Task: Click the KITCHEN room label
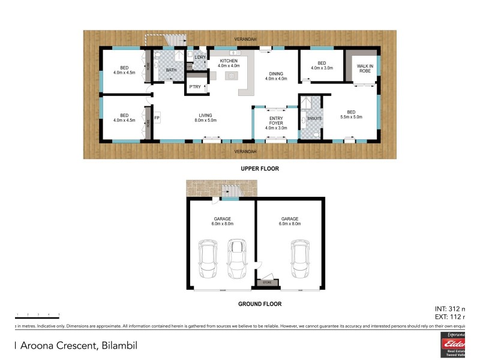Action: coord(229,61)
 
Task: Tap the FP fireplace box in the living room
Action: coord(157,118)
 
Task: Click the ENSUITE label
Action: coord(314,118)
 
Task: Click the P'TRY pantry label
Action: coord(194,87)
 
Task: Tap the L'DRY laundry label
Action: coord(200,58)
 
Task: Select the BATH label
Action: coord(171,70)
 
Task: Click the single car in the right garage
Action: coord(300,259)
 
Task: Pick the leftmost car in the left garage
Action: coord(209,259)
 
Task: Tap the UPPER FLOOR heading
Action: coord(259,169)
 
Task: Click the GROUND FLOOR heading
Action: coord(260,304)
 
